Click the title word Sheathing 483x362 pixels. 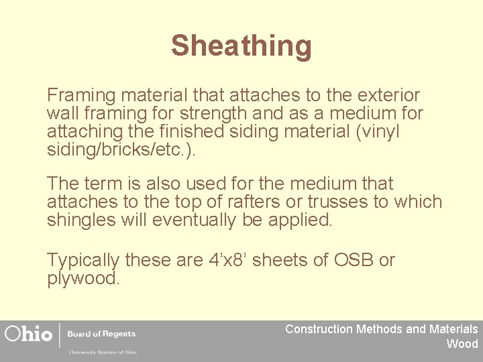click(x=241, y=46)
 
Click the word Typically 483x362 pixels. click(x=83, y=261)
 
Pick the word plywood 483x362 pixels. click(x=83, y=278)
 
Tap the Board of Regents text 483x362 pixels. click(x=101, y=334)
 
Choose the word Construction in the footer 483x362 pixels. click(x=319, y=329)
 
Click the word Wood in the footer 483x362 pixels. click(x=462, y=344)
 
